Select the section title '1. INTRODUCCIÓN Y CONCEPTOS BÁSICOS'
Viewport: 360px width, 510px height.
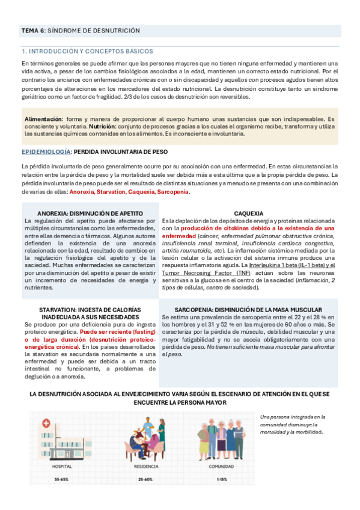coord(87,52)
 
